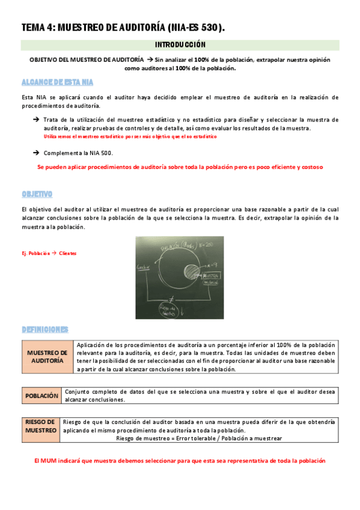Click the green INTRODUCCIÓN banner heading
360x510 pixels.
(x=180, y=45)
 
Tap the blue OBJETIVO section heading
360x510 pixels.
(x=37, y=194)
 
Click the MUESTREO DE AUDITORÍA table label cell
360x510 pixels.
(x=47, y=357)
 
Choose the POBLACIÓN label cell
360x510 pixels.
(x=41, y=396)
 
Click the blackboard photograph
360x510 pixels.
(x=180, y=274)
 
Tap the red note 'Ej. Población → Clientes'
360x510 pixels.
(x=49, y=253)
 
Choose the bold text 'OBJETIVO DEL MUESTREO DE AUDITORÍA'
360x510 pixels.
(x=87, y=60)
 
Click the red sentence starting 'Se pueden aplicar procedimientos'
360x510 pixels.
(x=180, y=167)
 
